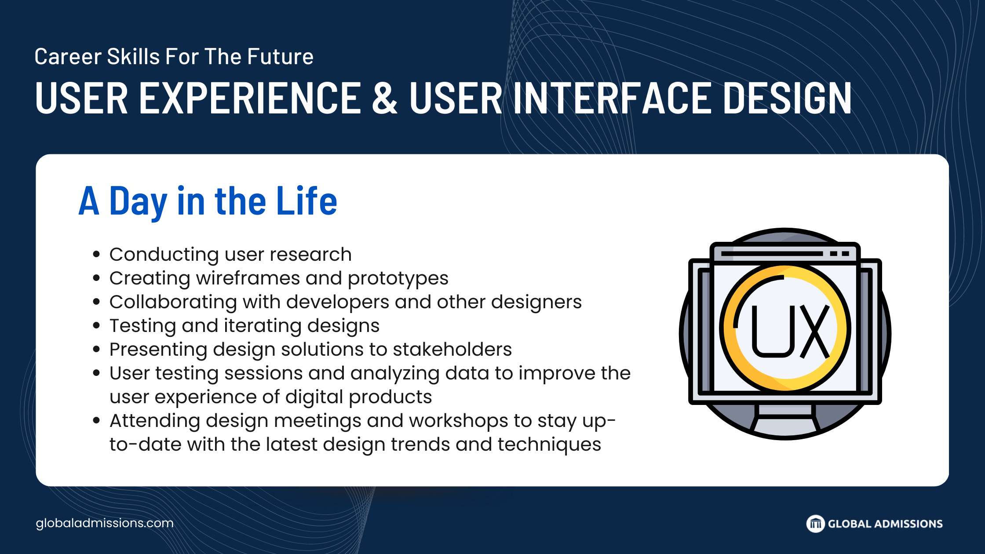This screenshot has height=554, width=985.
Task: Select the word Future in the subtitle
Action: (x=280, y=57)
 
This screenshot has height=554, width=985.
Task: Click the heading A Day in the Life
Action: (x=208, y=201)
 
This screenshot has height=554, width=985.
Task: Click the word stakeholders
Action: (x=452, y=350)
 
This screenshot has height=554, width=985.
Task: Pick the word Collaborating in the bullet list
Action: (x=173, y=303)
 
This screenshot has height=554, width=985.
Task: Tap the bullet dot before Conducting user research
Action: (x=97, y=255)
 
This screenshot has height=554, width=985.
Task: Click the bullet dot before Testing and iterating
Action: (x=97, y=326)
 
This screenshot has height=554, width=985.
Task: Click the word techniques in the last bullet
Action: (x=549, y=445)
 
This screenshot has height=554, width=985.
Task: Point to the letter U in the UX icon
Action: (x=773, y=332)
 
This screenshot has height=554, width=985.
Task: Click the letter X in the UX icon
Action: (x=815, y=332)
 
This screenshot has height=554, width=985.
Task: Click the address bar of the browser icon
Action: (x=772, y=254)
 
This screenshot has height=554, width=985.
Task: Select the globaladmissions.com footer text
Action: (x=105, y=523)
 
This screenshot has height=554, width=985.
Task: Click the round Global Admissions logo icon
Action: (x=815, y=524)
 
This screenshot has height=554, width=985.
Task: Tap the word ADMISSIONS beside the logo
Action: (x=908, y=524)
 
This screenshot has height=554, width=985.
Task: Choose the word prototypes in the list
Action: (x=398, y=279)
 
